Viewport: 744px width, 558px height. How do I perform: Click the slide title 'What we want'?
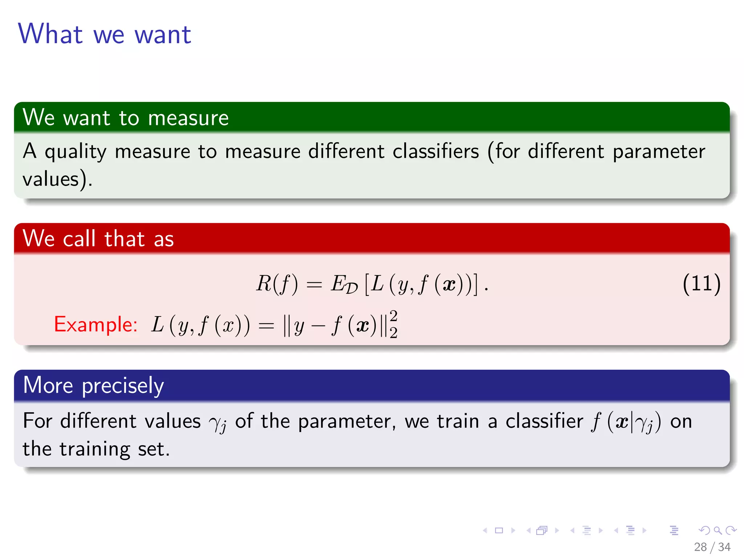pyautogui.click(x=105, y=34)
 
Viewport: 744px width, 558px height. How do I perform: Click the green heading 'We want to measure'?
pyautogui.click(x=126, y=118)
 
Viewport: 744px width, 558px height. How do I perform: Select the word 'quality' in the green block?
pyautogui.click(x=76, y=152)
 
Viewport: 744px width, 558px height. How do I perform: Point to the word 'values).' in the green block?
pyautogui.click(x=57, y=179)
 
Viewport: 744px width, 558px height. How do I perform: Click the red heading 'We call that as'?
pyautogui.click(x=98, y=239)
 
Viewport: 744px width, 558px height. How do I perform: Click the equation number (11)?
pyautogui.click(x=701, y=284)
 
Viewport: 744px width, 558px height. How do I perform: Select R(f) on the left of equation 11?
pyautogui.click(x=277, y=284)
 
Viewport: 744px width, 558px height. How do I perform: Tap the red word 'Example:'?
pyautogui.click(x=96, y=324)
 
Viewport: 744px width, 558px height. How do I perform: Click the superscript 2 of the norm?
pyautogui.click(x=393, y=315)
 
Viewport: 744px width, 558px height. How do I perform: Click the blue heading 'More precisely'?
pyautogui.click(x=93, y=385)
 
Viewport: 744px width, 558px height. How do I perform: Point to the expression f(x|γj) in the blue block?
pyautogui.click(x=626, y=422)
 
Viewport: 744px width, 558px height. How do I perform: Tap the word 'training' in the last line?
pyautogui.click(x=94, y=449)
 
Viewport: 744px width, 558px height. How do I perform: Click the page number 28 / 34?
pyautogui.click(x=712, y=547)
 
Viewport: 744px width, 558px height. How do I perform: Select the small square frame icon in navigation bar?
pyautogui.click(x=499, y=530)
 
